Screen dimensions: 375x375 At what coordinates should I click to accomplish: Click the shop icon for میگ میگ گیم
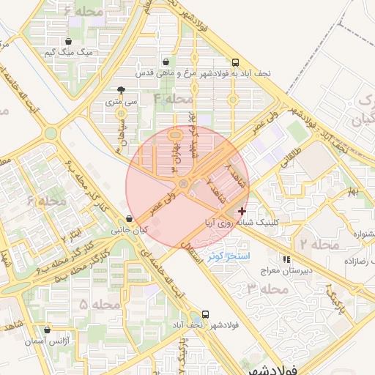69,42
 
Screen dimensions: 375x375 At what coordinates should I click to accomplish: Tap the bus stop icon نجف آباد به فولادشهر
235,63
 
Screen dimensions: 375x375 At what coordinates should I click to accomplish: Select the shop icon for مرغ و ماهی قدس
168,62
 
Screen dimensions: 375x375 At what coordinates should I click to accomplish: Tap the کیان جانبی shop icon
130,218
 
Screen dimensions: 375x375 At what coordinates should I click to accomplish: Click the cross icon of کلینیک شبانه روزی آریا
242,211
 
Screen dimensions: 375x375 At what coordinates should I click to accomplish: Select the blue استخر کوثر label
229,256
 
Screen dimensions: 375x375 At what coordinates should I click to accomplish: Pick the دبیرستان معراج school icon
286,259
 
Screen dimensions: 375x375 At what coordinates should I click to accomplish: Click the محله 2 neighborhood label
320,243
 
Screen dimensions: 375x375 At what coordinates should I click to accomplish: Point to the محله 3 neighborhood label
268,289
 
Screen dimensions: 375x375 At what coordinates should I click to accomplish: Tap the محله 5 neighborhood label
100,303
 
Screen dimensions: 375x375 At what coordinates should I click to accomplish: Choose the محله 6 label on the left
46,200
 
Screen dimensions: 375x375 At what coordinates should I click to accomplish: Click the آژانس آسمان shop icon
48,330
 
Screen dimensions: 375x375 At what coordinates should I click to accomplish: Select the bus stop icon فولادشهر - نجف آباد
206,313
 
